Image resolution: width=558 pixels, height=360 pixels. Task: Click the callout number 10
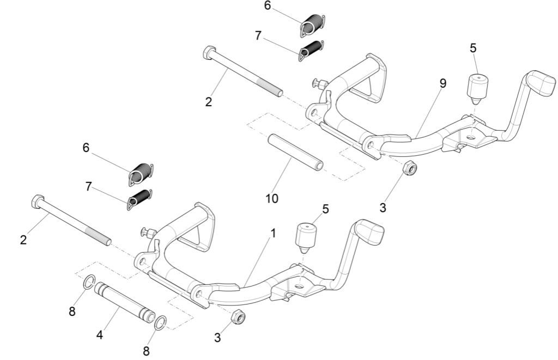(271, 199)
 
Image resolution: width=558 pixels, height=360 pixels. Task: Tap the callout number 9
(442, 83)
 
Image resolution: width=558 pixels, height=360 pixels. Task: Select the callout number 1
(273, 234)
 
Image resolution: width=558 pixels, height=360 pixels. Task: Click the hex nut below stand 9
(410, 168)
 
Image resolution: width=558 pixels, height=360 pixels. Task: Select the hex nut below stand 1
(237, 316)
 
